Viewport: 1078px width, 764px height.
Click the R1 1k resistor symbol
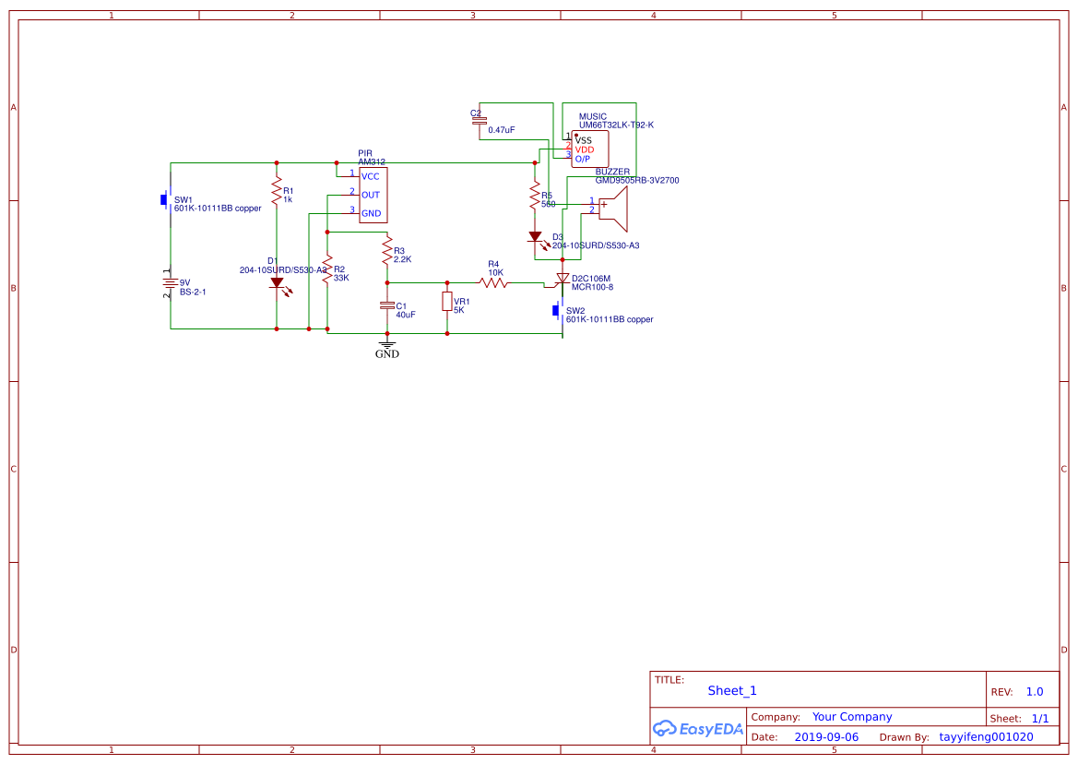276,192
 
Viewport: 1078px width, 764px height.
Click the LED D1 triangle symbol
277,283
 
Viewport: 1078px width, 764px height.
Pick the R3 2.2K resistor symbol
387,251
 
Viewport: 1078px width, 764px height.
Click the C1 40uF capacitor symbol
387,304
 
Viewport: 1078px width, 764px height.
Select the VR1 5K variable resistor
447,302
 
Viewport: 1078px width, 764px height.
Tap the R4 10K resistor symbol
494,282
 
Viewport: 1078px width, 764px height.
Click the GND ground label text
387,353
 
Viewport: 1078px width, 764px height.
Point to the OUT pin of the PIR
370,195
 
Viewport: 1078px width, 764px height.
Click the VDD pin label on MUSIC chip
585,149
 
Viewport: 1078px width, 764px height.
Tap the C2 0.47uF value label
502,130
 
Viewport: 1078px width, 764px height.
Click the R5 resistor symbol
534,196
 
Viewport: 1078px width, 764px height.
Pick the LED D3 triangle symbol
535,237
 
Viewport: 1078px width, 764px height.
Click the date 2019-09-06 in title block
826,737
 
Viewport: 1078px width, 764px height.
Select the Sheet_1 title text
732,691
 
